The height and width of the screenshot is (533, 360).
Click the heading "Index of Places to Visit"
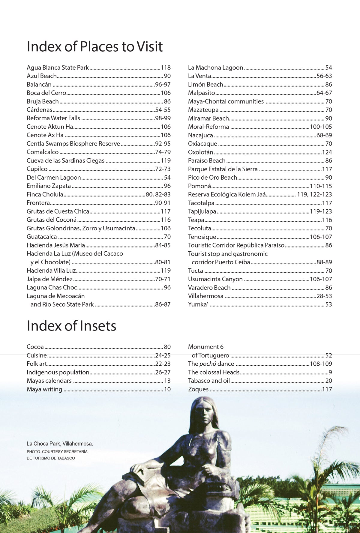(94, 47)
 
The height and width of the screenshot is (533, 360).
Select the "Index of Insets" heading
(71, 326)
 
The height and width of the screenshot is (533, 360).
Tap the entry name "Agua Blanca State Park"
(58, 67)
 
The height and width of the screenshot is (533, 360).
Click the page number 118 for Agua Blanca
(166, 67)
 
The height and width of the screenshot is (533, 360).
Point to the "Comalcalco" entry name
(43, 152)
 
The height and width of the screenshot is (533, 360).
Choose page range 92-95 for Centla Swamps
(163, 144)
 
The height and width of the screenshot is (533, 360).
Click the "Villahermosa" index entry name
(205, 296)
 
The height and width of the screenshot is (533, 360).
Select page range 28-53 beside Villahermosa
(324, 296)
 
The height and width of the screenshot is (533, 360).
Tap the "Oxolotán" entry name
(200, 152)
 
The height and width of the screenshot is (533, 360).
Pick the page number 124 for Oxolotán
(327, 152)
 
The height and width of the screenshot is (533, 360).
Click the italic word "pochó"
(208, 364)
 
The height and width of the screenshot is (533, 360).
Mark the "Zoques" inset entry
(198, 389)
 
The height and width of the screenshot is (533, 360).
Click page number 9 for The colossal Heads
(330, 373)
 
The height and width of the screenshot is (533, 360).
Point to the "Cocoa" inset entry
(35, 347)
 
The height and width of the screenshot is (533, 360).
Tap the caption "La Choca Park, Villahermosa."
(60, 444)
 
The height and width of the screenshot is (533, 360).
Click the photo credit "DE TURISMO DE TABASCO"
(51, 458)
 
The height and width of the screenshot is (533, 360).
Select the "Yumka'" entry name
(198, 304)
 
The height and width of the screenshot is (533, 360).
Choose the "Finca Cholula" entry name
(45, 194)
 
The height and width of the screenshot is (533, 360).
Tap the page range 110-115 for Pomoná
(321, 186)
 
